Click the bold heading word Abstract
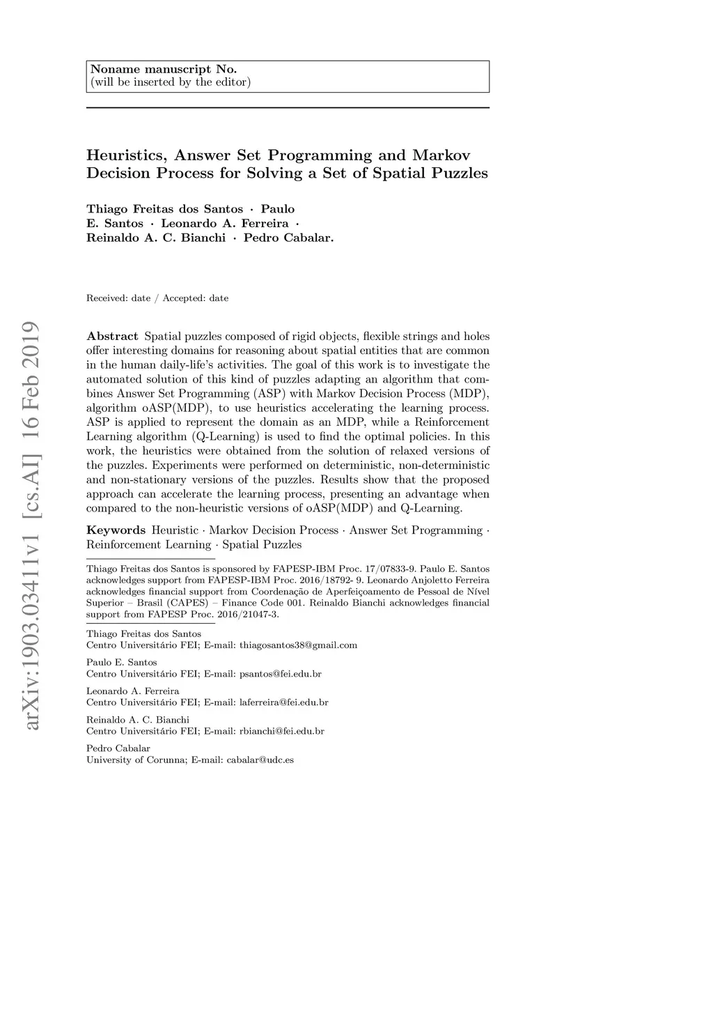coord(112,337)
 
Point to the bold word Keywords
coord(116,530)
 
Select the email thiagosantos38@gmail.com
coord(298,645)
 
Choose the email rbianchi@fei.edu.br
coord(282,731)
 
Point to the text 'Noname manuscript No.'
coord(164,70)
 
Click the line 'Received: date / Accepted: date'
coord(157,298)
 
